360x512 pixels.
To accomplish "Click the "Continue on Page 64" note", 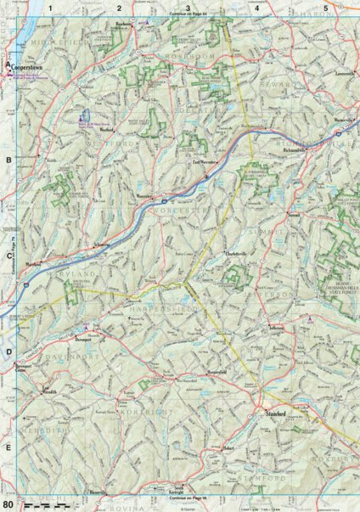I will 188,14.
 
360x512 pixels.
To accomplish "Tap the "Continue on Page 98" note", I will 188,498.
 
